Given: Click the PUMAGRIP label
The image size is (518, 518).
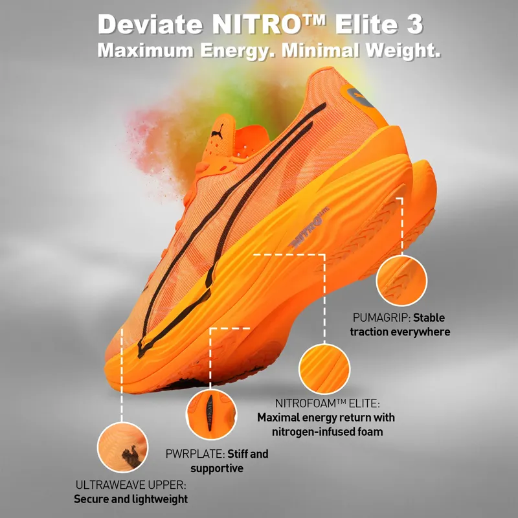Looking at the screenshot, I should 381,318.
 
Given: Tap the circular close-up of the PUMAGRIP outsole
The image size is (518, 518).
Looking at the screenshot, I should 401,280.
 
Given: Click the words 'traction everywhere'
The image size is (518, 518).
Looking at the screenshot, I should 400,332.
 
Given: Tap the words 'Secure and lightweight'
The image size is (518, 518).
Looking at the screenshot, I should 131,499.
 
